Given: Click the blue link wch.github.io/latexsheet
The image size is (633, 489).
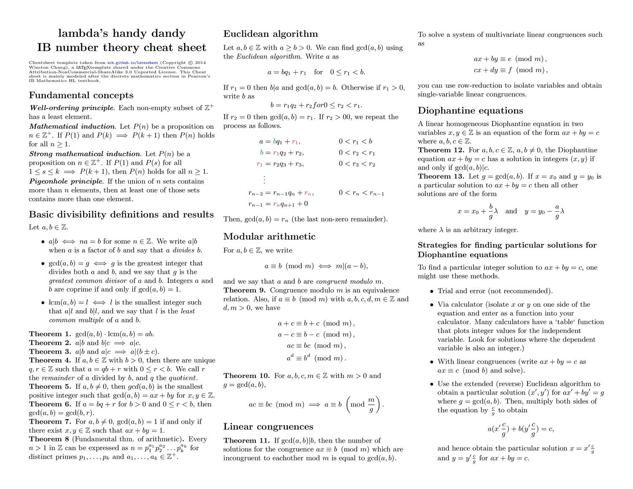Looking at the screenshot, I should pos(133,62).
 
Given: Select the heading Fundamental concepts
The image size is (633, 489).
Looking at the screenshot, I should pos(81,95).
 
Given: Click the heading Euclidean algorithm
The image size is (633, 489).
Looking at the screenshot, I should pos(270,34).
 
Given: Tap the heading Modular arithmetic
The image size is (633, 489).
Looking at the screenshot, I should pos(269,236).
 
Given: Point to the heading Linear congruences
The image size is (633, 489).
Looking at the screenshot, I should pos(268,427).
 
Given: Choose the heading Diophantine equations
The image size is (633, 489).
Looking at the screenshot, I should pos(470,111).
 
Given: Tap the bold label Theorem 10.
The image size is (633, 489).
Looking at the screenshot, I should pos(246,376).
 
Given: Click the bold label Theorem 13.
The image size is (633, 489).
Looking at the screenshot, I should pos(441,176).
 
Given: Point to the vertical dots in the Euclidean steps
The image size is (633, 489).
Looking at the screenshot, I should pos(264,179).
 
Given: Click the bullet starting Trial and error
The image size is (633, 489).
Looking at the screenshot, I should pos(432,291).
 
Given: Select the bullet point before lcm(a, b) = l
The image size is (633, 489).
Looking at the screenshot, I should pos(43,303).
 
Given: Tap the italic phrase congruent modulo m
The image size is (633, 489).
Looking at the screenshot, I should pos(349,281).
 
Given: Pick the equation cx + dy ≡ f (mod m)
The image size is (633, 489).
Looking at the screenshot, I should pos(511,70).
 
